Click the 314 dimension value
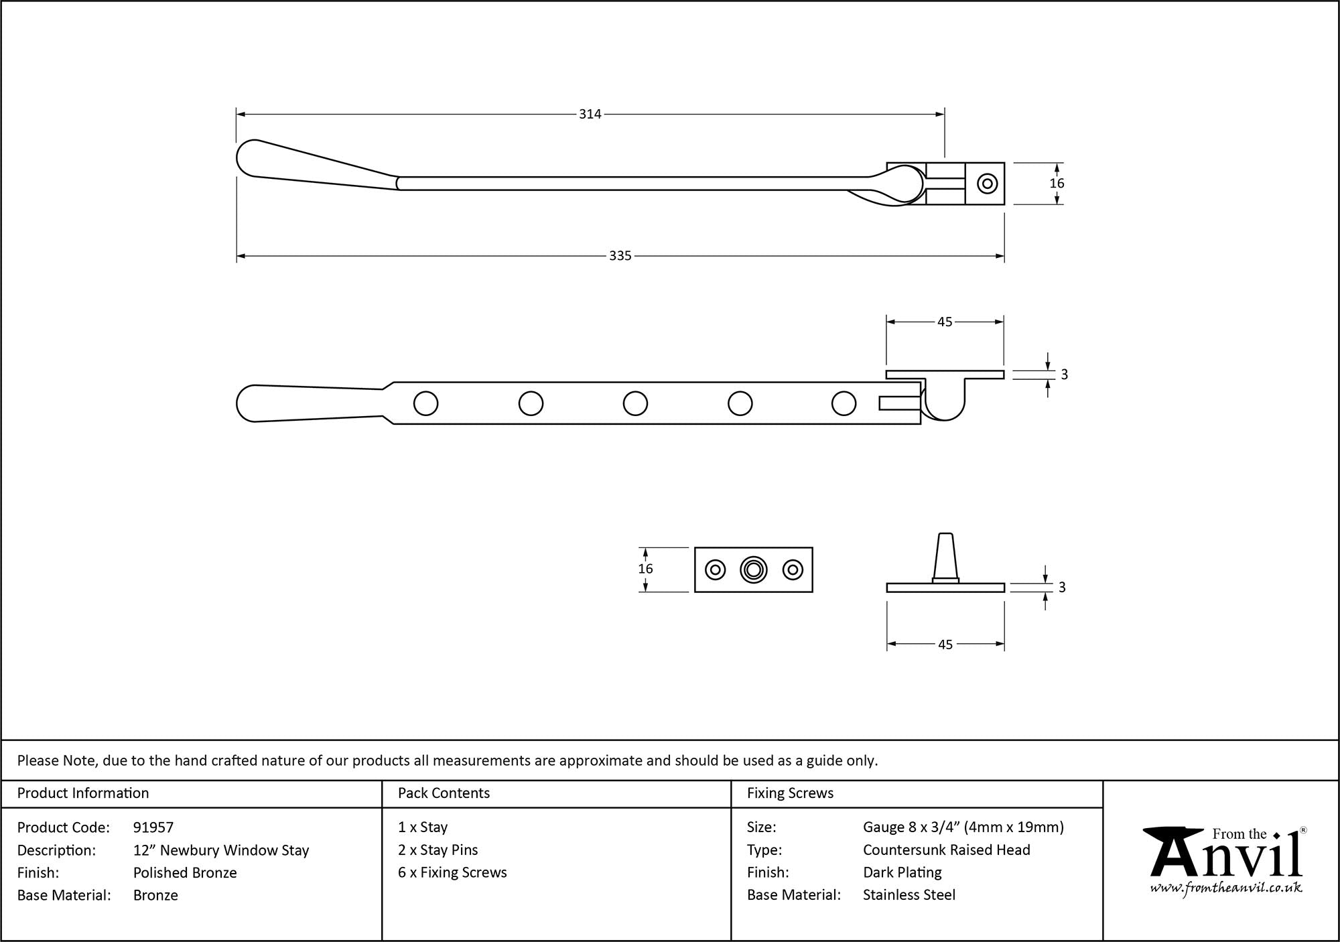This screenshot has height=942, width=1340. coord(590,115)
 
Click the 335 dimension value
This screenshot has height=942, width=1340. coord(620,256)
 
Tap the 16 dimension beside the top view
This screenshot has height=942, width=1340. coord(1057,183)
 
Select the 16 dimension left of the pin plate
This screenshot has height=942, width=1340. coord(645,569)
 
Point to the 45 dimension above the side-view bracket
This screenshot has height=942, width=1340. coord(944,322)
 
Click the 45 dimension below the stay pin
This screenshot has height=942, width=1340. coord(945,645)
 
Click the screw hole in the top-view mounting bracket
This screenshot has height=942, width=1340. coord(987,184)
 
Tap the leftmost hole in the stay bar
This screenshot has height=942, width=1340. coord(426,403)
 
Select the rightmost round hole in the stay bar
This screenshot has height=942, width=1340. coord(844,403)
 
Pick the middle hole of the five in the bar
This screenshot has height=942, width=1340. coord(635,403)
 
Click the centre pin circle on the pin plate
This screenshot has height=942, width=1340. coord(754,569)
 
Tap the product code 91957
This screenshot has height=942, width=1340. coord(153,827)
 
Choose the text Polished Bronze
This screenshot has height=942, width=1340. coord(185,872)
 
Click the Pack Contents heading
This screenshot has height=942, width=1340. coord(444,793)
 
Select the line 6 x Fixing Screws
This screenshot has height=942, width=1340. coord(452,872)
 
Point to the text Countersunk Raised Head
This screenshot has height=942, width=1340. coord(946,850)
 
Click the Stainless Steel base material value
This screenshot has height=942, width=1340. coord(909,895)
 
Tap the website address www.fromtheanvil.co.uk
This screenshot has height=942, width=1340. coord(1226,888)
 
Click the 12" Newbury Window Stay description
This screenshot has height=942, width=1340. coord(221,850)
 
